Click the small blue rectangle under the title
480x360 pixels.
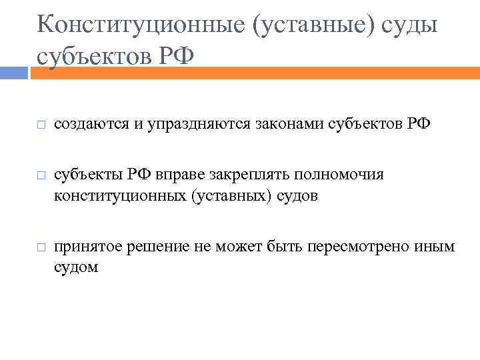[x=13, y=73]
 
